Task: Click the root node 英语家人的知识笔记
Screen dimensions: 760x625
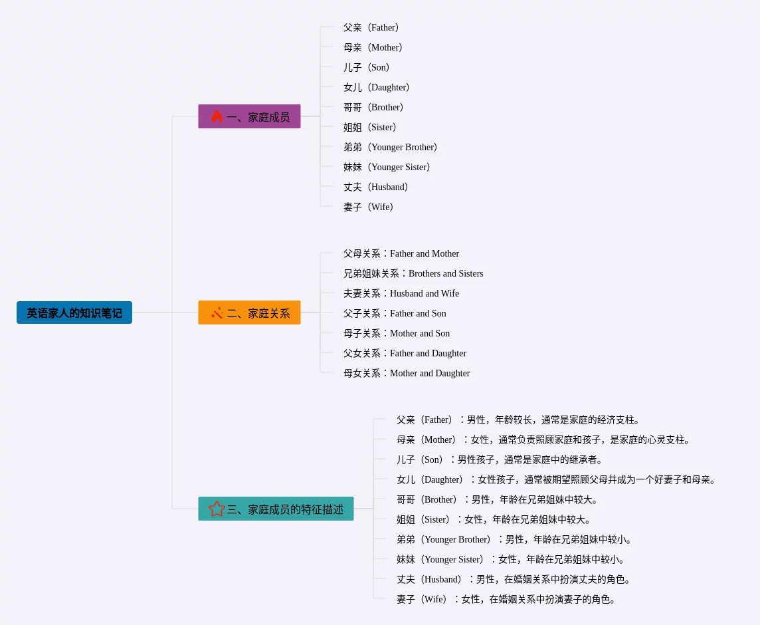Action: (x=74, y=312)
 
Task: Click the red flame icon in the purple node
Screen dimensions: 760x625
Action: (x=217, y=116)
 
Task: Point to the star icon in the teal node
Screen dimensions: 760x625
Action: (x=217, y=509)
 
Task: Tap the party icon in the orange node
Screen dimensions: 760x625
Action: (x=217, y=312)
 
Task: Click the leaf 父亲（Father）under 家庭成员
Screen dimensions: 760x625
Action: (x=372, y=27)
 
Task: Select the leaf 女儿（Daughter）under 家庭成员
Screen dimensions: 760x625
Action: (x=377, y=87)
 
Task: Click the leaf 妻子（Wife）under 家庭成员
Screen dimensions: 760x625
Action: (x=369, y=207)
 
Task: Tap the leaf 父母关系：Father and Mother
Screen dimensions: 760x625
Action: (x=401, y=253)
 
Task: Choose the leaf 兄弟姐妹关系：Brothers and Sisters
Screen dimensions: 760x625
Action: (x=413, y=273)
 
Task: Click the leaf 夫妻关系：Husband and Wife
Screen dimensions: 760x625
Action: (x=401, y=293)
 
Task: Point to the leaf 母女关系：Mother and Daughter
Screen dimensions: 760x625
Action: (x=407, y=373)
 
